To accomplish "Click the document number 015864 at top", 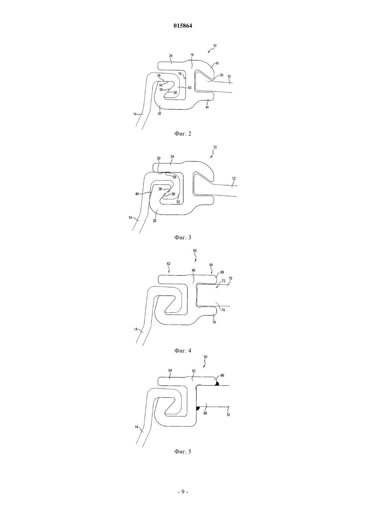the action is point(183,26).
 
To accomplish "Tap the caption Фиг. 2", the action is point(183,134).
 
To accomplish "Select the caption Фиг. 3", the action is point(183,237).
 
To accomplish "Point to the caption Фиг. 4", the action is point(183,351).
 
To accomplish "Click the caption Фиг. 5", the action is point(183,452).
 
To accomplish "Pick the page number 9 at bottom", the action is point(183,492).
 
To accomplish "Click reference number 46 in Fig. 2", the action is point(217,63).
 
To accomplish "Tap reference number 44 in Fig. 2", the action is point(207,107).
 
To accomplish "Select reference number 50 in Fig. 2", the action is point(222,75).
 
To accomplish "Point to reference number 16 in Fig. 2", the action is point(192,55).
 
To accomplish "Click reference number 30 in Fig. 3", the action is point(158,158).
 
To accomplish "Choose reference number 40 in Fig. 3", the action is point(137,194).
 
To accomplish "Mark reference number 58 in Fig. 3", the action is point(174,177).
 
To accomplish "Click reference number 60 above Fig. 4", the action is point(195,250).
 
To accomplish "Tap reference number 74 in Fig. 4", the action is point(223,310).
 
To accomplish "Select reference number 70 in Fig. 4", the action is point(214,322).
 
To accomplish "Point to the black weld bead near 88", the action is point(198,408).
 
